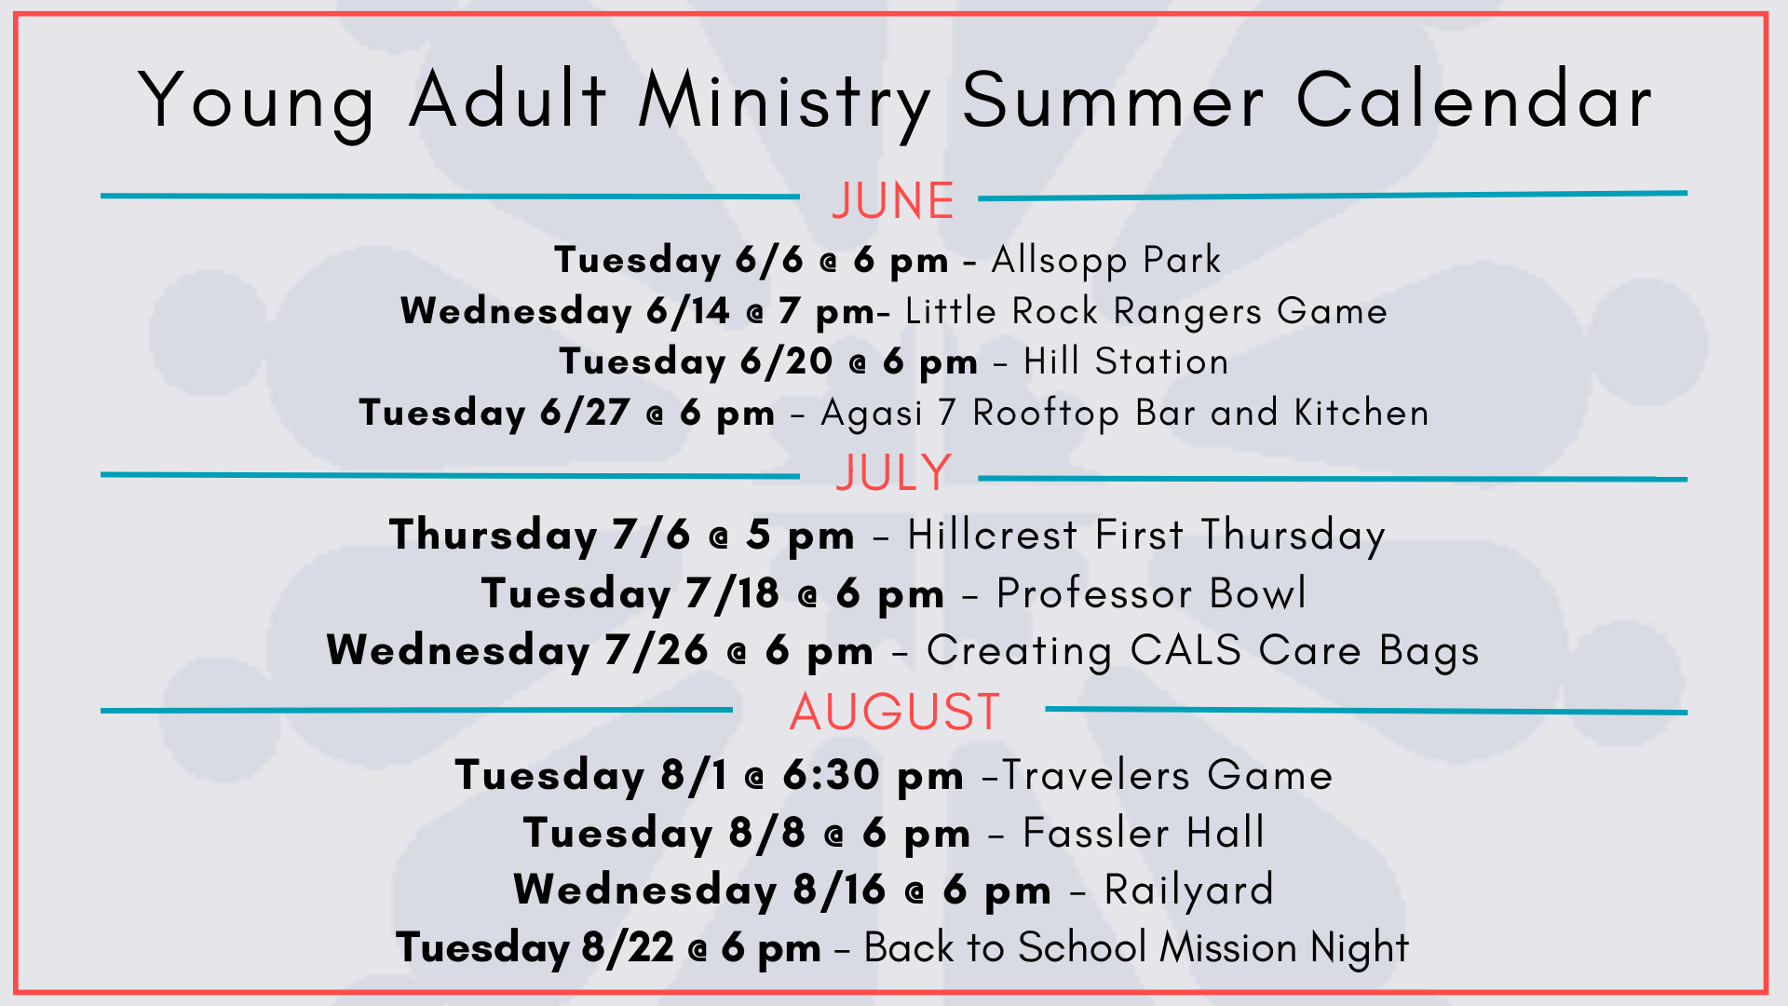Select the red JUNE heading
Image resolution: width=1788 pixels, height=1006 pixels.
click(893, 200)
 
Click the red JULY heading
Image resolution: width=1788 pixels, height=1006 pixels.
click(893, 472)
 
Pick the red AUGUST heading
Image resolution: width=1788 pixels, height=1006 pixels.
click(895, 713)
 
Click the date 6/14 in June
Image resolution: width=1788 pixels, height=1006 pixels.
click(688, 311)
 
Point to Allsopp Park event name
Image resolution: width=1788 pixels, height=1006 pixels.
click(1106, 261)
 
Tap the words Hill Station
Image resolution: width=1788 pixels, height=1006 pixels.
click(1126, 361)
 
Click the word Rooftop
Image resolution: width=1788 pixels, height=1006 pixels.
click(1046, 414)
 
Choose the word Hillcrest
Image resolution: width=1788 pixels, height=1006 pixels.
click(993, 535)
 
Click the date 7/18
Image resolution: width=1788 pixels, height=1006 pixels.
click(732, 593)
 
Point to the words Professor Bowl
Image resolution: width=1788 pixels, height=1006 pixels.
click(1152, 593)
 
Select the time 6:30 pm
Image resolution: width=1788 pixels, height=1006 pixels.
click(873, 776)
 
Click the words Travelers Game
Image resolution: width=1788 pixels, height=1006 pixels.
click(1167, 775)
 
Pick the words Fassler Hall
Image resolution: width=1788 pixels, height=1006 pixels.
click(1144, 833)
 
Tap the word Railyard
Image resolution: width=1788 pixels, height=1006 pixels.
click(1188, 890)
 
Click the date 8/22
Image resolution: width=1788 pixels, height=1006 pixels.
click(628, 948)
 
